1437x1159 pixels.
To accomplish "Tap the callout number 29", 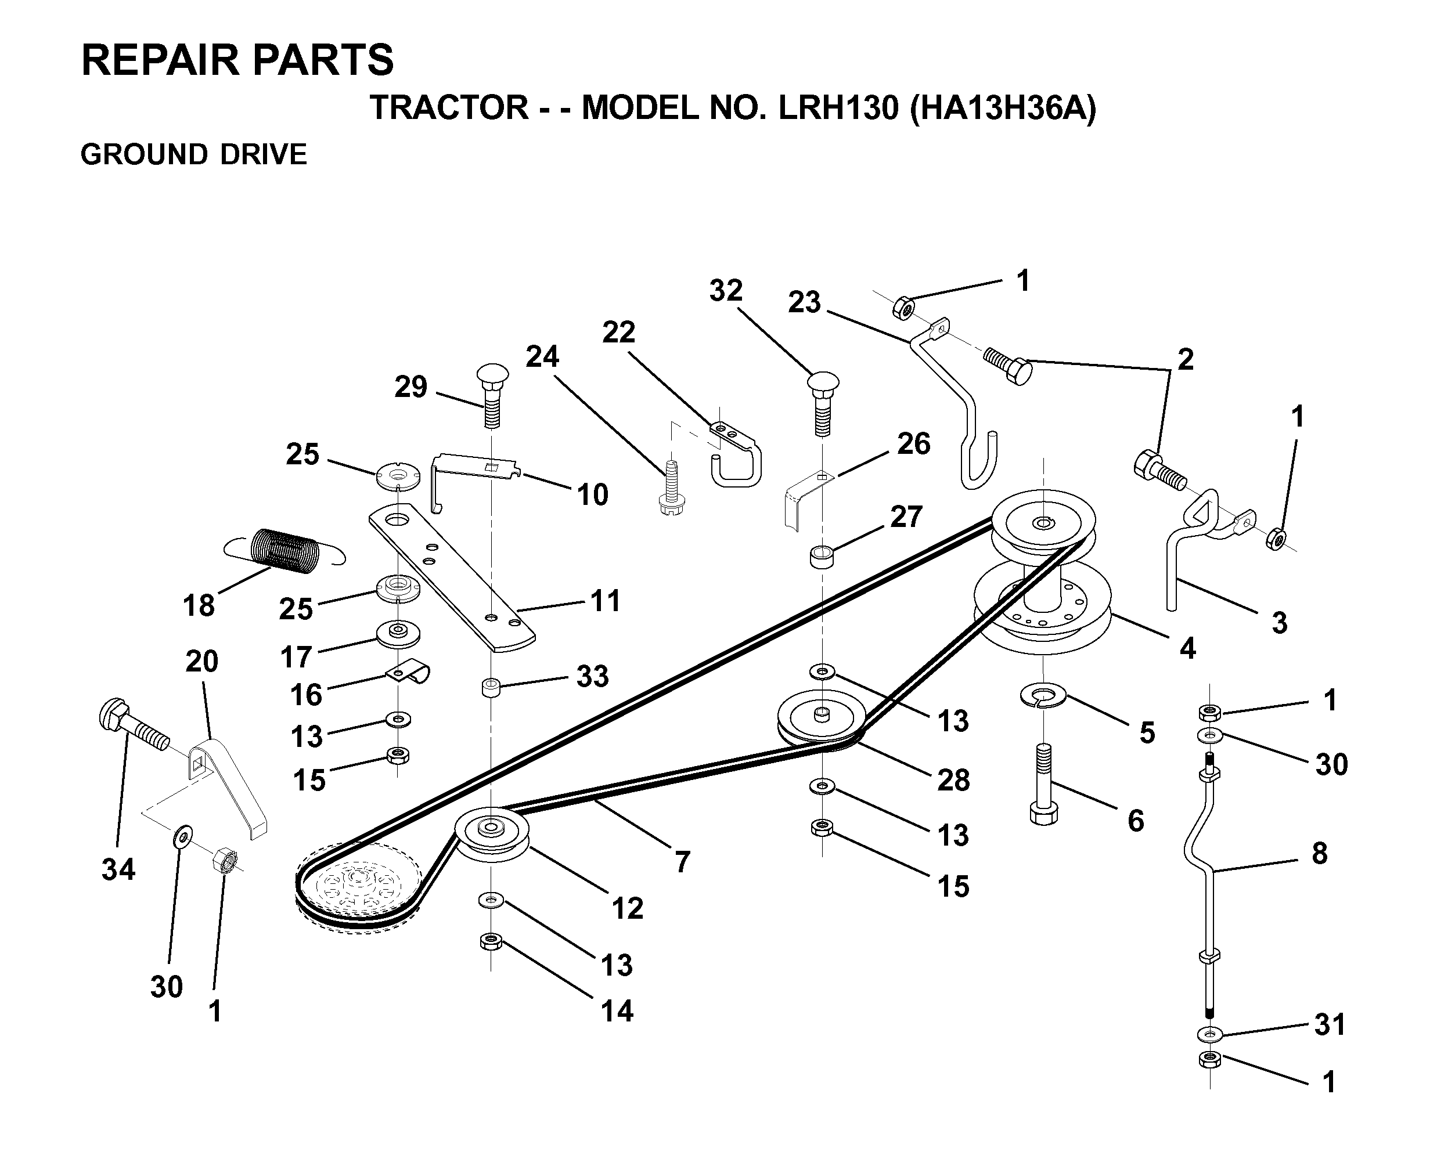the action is pos(410,387).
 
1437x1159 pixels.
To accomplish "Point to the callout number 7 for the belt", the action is pos(682,862).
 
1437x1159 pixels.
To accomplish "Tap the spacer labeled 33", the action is pos(492,688).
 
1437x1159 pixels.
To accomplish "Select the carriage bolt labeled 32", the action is pos(823,403).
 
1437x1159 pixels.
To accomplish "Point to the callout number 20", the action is pos(201,662).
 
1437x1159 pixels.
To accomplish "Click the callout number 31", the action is pos(1330,1024).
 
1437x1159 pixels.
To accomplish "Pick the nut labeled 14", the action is pos(491,943).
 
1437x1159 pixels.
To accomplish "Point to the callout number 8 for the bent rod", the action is pos(1320,854).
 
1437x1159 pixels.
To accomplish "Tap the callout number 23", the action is pos(804,302).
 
